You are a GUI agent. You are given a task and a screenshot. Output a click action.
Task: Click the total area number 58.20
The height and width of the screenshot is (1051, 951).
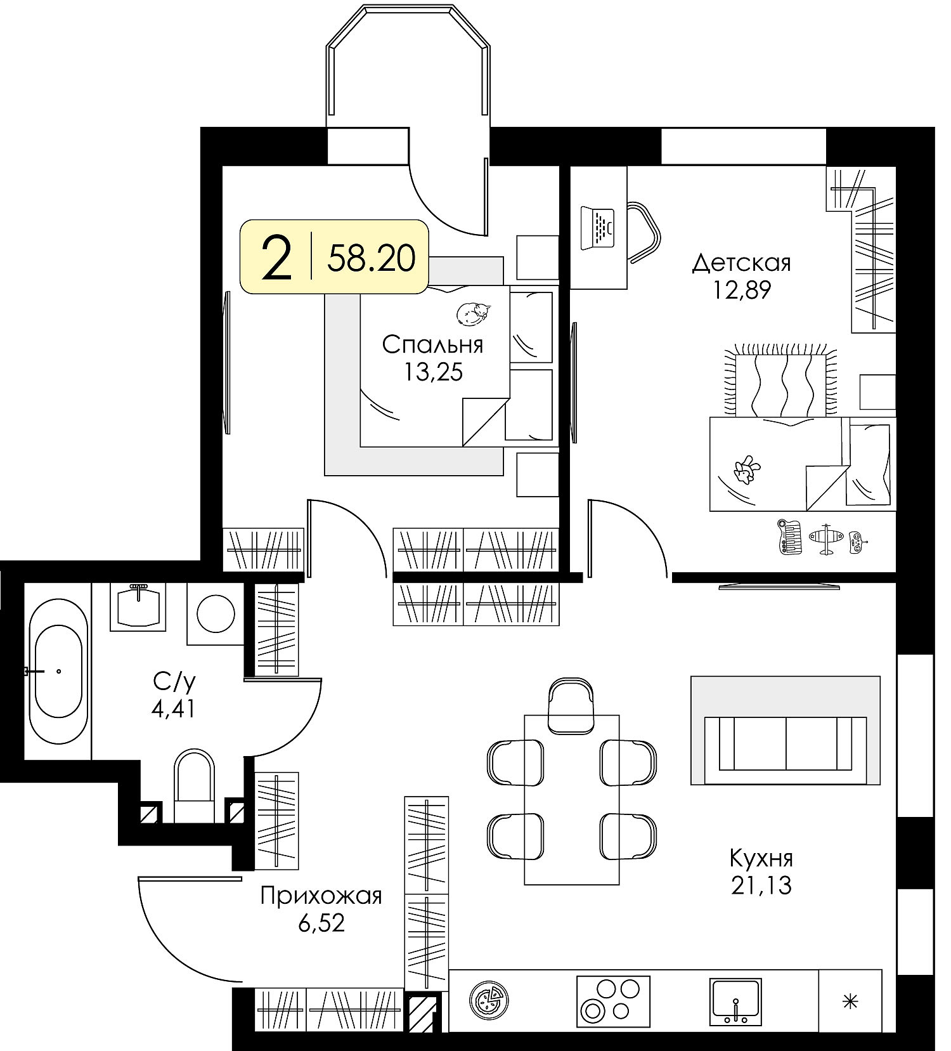[372, 258]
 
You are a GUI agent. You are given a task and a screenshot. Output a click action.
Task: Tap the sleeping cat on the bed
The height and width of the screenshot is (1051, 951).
[474, 313]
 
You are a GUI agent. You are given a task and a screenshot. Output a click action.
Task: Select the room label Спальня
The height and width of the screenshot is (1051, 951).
[433, 345]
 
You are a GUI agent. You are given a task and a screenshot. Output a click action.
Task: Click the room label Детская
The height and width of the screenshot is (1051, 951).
[741, 263]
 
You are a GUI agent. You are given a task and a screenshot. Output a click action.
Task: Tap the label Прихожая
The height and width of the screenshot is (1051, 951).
[321, 896]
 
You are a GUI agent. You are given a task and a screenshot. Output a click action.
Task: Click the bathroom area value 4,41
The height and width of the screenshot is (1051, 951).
[173, 708]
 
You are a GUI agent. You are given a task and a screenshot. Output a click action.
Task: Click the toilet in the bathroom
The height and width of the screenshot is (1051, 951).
[195, 785]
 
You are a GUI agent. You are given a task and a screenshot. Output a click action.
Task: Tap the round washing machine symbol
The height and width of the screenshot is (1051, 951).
[216, 613]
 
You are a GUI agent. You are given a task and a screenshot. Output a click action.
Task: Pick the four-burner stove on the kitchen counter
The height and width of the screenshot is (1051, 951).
[614, 1002]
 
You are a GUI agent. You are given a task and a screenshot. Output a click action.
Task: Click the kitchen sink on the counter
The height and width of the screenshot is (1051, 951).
[735, 1002]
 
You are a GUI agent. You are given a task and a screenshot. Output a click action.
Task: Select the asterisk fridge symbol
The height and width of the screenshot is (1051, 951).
[850, 1002]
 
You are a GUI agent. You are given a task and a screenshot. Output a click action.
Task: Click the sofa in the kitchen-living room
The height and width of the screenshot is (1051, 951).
[786, 743]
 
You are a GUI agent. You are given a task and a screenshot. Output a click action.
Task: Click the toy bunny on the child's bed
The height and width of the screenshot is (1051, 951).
[746, 469]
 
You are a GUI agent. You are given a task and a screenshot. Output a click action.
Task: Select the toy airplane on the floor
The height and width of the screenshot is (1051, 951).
[826, 539]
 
